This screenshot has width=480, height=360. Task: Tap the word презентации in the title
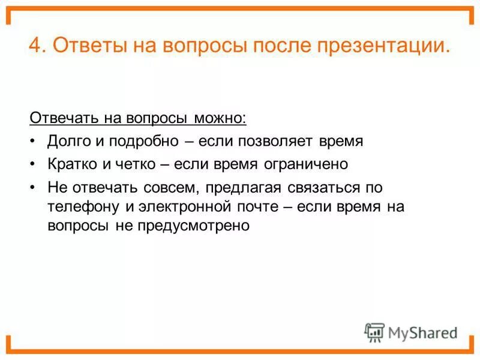382,46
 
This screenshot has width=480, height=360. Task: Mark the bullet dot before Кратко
32,163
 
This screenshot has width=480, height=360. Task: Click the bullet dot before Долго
32,141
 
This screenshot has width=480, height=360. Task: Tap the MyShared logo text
422,332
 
